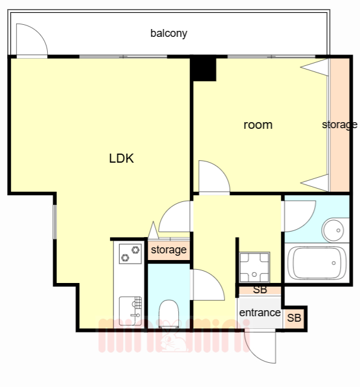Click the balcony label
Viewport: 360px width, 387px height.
pos(169,33)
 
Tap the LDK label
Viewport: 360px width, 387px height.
pos(121,158)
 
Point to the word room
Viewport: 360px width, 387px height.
pos(258,125)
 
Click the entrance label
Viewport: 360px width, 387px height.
pos(260,313)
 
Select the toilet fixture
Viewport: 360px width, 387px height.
pos(169,314)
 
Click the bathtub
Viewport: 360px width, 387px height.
pos(317,263)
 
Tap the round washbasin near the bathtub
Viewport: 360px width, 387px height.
pos(333,230)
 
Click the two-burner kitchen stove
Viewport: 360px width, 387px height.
pos(130,254)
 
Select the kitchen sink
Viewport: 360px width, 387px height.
pos(130,311)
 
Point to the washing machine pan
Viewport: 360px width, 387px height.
pos(254,267)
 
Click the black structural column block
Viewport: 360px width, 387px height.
pos(203,68)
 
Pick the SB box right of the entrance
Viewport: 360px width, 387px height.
pos(294,317)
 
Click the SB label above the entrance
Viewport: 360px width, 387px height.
pos(260,290)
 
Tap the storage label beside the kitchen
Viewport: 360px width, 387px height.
pos(169,250)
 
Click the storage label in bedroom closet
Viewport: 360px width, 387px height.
pos(339,125)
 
